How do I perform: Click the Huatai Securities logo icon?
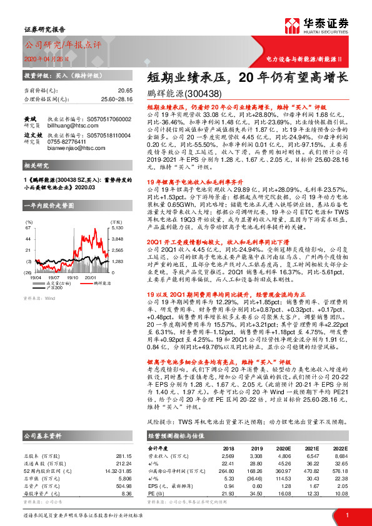coord(289,26)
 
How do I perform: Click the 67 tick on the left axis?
coord(29,229)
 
